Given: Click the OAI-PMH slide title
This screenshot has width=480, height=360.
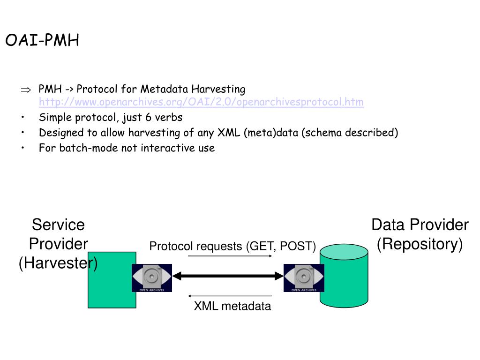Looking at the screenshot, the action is point(42,40).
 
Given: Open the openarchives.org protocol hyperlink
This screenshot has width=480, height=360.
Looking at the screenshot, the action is point(201,102).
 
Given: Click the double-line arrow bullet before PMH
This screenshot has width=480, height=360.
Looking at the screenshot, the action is point(26,90).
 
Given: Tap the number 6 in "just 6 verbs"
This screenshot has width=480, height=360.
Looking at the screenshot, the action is point(149,117).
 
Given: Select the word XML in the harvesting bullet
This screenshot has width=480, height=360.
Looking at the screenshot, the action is point(229,133).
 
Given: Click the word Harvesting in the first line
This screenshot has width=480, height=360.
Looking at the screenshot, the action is point(218,90).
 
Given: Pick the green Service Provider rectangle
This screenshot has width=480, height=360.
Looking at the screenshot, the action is point(112,280).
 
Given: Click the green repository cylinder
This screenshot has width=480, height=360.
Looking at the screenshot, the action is point(344,276).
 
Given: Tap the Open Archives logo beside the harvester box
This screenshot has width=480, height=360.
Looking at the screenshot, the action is point(152,277).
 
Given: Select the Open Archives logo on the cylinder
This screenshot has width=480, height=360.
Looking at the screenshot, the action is point(304,277).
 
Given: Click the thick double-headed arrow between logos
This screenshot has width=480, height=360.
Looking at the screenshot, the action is point(228,276).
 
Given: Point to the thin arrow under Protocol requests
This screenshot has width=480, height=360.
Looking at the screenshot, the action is point(230,256).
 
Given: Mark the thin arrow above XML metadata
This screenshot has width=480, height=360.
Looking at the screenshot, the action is point(230,296).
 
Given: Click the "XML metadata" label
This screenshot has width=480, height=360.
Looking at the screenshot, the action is point(232,306).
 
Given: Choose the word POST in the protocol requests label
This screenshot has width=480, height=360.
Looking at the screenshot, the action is point(296,246).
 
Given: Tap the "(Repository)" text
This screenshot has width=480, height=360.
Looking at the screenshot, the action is point(420,244).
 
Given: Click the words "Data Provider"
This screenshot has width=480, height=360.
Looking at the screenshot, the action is point(420,225).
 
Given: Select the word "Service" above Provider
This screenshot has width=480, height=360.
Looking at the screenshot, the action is point(58,225).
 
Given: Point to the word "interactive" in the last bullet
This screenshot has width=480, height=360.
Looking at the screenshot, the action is point(168,148).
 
